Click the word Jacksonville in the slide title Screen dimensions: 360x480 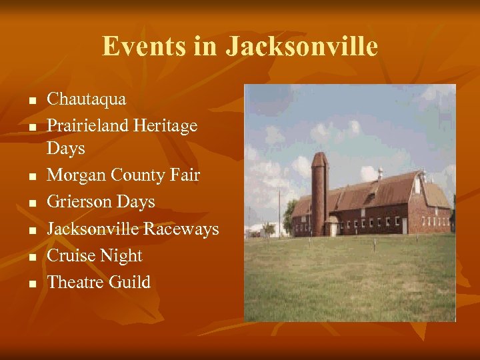tap(301, 46)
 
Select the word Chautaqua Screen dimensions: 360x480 tap(86, 99)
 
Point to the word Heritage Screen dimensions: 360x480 tap(165, 126)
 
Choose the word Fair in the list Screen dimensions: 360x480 tap(185, 175)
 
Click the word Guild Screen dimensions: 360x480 tap(132, 282)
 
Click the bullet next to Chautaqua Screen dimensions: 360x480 tap(31, 101)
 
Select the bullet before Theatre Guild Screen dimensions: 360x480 tap(31, 284)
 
